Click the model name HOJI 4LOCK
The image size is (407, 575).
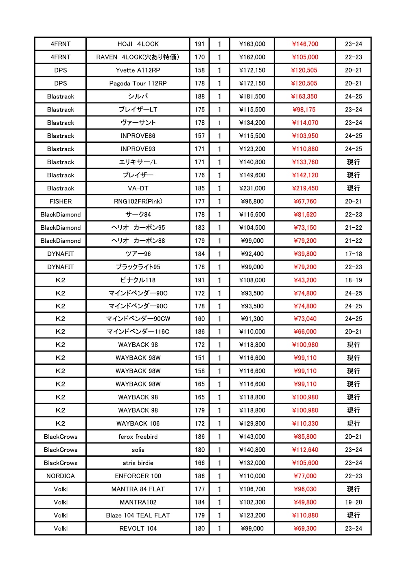138,44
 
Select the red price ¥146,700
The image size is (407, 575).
305,44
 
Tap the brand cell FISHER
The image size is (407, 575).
60,201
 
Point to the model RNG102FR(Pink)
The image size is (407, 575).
138,201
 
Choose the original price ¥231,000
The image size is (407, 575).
252,188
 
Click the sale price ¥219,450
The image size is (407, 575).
305,188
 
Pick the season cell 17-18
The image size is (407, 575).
353,254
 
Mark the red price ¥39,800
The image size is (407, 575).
305,254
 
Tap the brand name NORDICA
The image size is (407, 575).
60,476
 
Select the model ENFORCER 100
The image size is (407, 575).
138,476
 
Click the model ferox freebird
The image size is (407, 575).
138,437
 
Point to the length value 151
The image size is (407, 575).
199,358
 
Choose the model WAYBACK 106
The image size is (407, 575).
138,423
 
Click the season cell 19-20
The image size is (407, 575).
353,502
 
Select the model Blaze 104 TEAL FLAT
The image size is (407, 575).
138,515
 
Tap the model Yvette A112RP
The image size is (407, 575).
138,70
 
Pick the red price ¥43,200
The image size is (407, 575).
305,280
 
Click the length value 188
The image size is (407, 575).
199,96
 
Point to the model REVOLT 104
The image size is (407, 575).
138,528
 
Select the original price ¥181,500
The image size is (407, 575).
252,96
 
